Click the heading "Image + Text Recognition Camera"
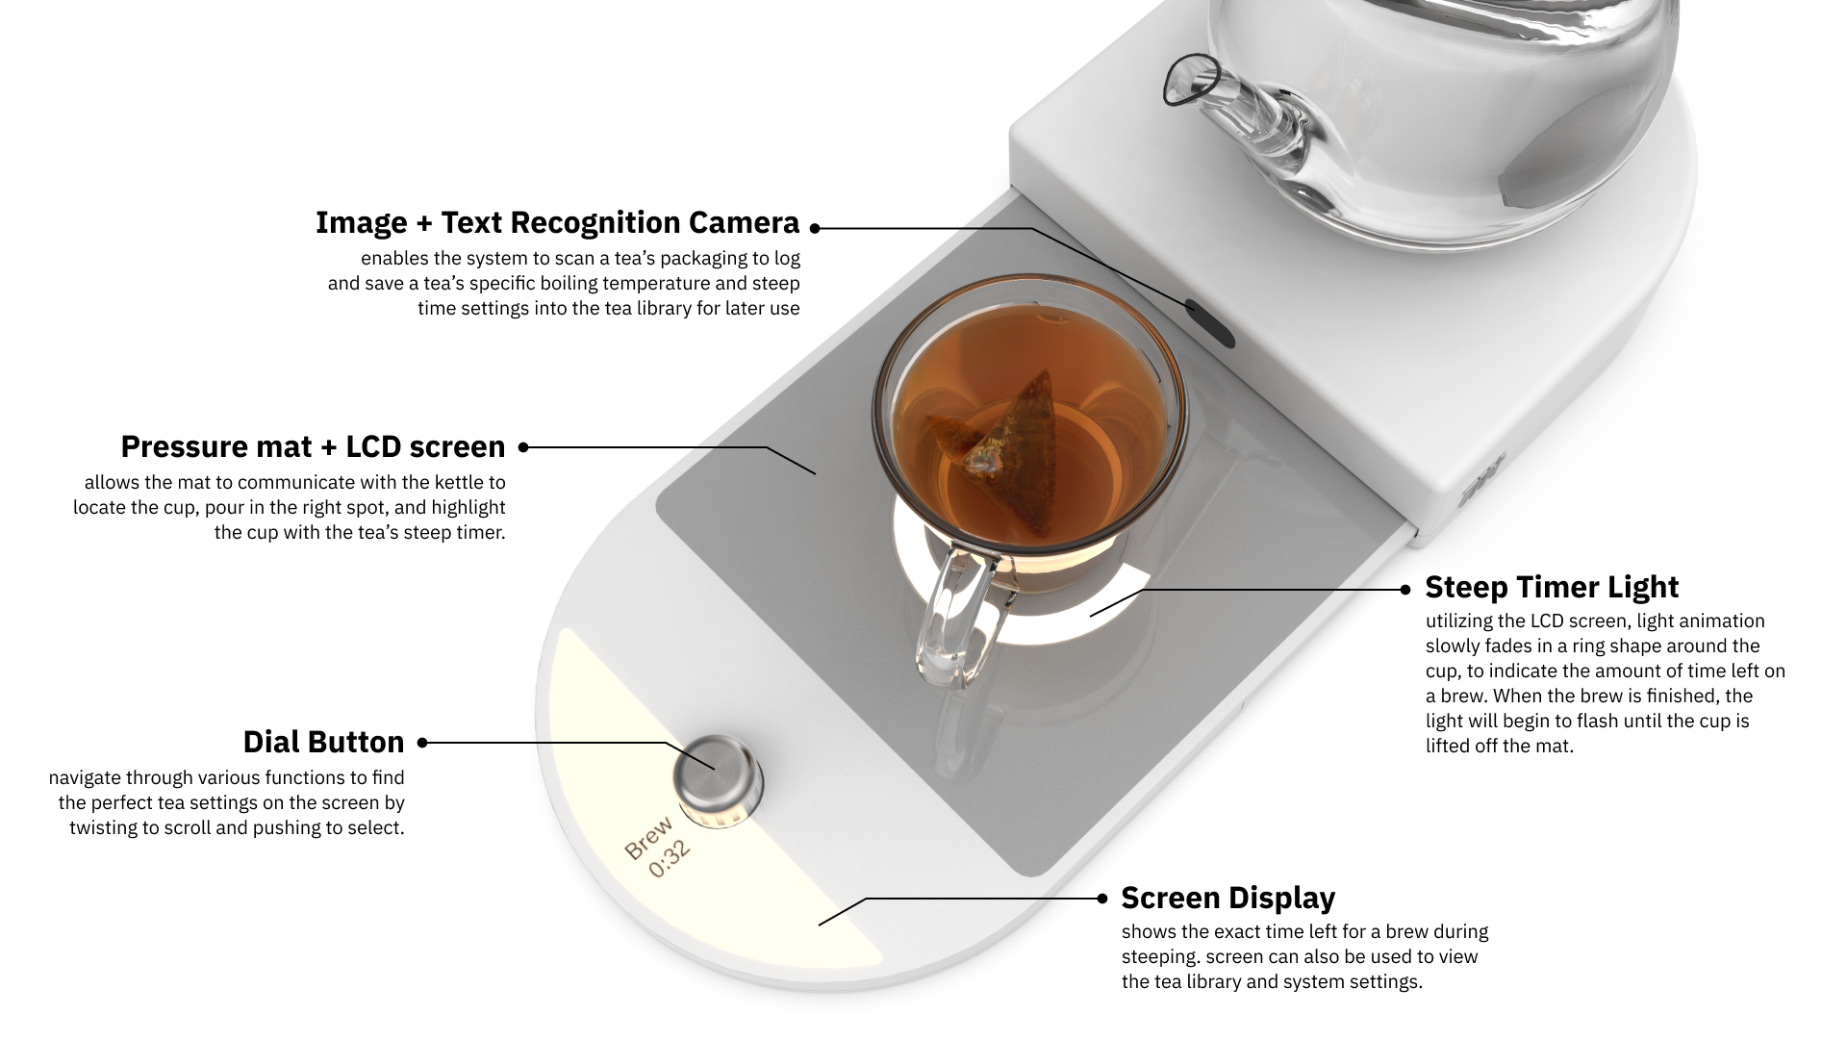pos(557,222)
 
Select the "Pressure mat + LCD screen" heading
pos(313,446)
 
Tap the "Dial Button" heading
pos(323,742)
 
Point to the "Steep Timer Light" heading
pos(1552,587)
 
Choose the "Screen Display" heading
pos(1228,898)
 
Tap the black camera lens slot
pos(1209,322)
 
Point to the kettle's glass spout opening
pos(1191,79)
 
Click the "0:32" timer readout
pos(670,859)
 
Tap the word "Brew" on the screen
pos(648,837)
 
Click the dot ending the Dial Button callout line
pos(422,743)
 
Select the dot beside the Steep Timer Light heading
pos(1405,589)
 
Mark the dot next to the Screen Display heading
pos(1102,899)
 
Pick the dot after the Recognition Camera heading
pos(815,228)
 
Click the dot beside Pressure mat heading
pos(524,446)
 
